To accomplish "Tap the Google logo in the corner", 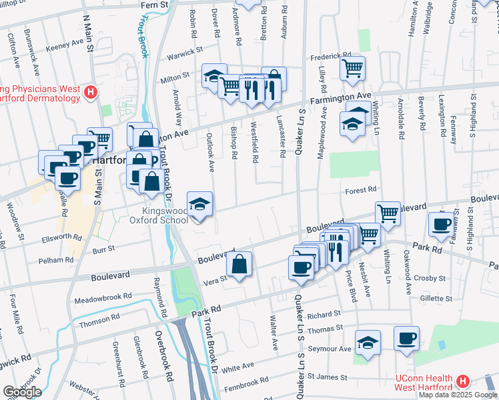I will coord(21,392).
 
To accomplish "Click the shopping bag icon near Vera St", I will coord(239,263).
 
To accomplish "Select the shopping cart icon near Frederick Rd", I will coord(352,67).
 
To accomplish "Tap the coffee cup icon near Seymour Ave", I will coord(406,338).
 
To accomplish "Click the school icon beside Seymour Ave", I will coord(366,343).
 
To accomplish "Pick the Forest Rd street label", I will coord(361,190).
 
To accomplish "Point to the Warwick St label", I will coord(185,50).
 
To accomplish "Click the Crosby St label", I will coord(432,278).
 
